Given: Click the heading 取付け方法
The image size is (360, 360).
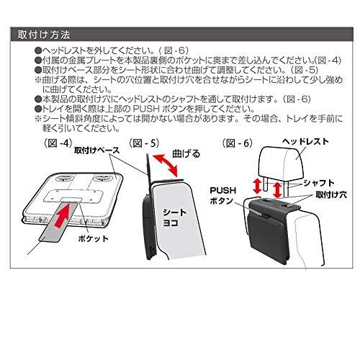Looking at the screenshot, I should (45, 34).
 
